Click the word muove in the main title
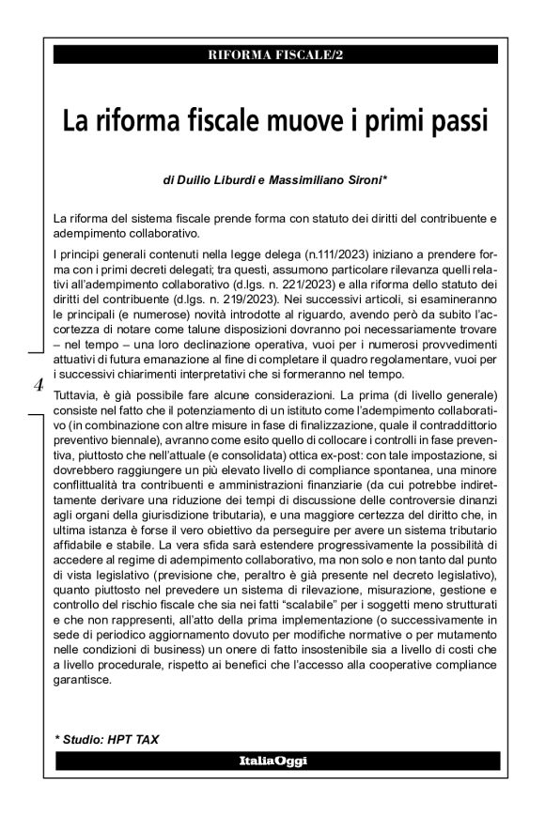coord(315,122)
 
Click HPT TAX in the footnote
coord(132,739)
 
